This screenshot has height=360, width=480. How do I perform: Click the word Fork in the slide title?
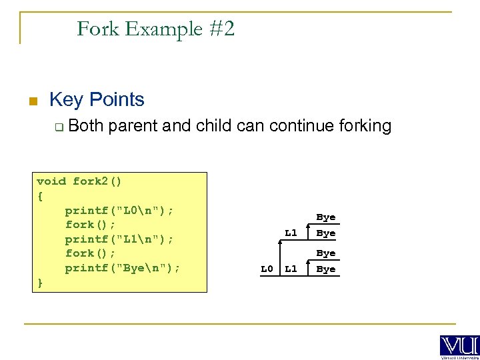pos(97,29)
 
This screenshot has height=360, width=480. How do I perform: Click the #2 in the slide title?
pos(220,29)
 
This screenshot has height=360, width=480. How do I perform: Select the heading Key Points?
pos(97,100)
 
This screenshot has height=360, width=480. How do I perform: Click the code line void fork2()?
pos(79,181)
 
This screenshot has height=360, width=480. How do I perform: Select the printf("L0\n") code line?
pos(119,210)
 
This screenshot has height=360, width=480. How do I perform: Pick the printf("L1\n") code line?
pos(119,239)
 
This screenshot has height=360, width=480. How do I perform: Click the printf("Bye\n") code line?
pos(123,268)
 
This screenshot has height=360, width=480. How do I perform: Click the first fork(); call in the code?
pos(90,225)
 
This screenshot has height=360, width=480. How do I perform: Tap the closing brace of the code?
pos(40,283)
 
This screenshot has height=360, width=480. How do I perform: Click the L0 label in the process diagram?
pos(267,269)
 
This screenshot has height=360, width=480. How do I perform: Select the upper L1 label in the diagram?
pos(291,233)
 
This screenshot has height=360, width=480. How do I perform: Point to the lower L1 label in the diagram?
pos(291,269)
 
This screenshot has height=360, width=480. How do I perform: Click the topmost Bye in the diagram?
pos(325,217)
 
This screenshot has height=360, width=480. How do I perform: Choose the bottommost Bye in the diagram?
pos(325,269)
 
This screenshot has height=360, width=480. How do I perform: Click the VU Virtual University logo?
pos(459,346)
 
